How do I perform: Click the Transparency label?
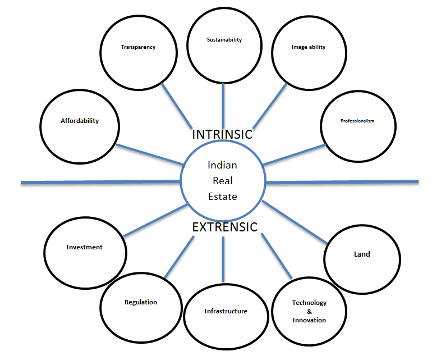[x=138, y=47]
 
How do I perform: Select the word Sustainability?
[x=224, y=40]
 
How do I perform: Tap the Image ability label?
[x=309, y=47]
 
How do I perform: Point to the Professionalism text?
[x=357, y=121]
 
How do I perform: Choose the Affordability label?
[x=80, y=121]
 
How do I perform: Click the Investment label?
[x=85, y=247]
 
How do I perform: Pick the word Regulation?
[x=141, y=302]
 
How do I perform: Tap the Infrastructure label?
[x=226, y=311]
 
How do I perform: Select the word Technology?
[x=309, y=303]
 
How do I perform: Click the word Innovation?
[x=309, y=320]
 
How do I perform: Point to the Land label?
[x=362, y=254]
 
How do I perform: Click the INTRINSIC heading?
[x=222, y=135]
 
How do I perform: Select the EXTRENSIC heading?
[x=224, y=227]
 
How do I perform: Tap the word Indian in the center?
[x=223, y=165]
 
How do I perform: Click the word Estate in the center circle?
[x=223, y=197]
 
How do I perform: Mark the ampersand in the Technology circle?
[x=309, y=311]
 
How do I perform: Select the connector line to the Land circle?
[x=295, y=222]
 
